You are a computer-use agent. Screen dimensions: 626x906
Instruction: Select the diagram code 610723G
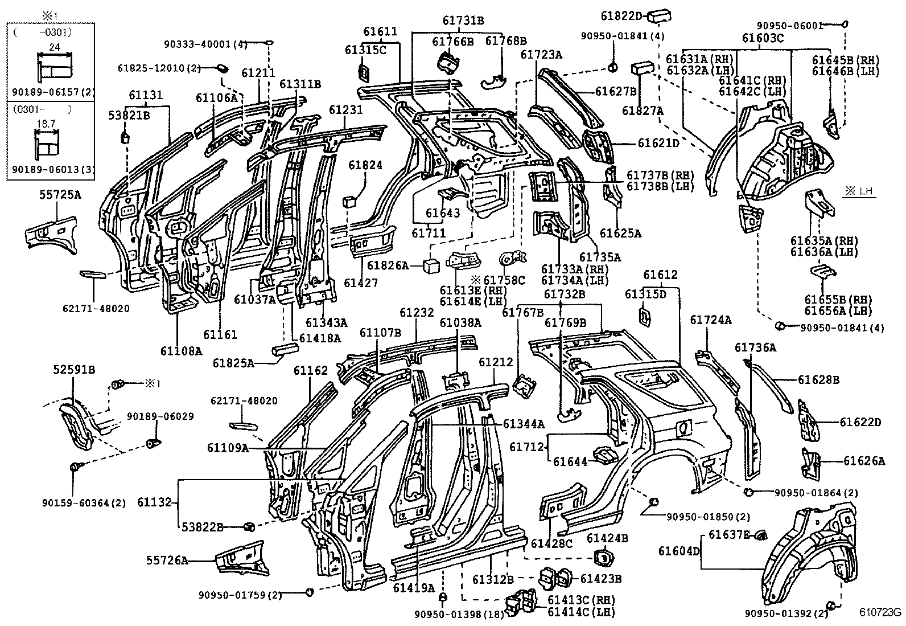(880, 613)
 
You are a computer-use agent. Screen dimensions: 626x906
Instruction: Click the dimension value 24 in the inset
(54, 48)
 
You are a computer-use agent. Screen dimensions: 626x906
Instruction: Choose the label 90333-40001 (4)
(205, 43)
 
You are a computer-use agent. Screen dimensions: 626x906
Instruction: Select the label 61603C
(763, 38)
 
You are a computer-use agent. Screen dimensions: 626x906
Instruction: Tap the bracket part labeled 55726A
(241, 557)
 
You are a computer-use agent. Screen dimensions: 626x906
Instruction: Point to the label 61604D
(678, 551)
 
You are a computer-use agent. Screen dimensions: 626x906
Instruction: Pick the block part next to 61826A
(431, 265)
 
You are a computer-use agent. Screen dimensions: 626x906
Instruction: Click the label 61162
(311, 371)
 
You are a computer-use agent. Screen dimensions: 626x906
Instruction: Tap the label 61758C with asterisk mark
(498, 280)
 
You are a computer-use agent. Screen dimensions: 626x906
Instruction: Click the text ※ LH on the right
(859, 192)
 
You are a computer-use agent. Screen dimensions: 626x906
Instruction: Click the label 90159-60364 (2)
(84, 503)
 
